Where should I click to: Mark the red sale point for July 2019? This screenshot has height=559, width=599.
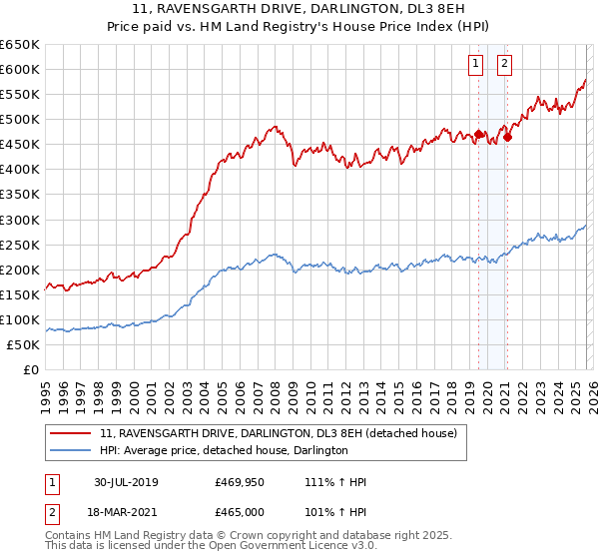(478, 134)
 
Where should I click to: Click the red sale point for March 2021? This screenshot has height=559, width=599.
(507, 137)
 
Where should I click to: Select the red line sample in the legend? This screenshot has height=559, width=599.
(72, 433)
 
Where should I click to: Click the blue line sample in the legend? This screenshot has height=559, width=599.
(72, 450)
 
